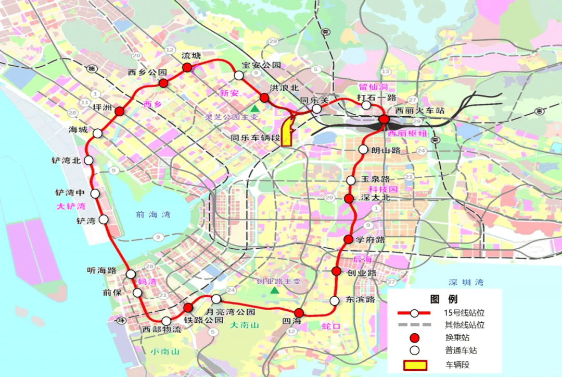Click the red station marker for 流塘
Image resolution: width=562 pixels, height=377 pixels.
(187, 67)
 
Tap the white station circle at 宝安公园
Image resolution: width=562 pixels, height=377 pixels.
(239, 76)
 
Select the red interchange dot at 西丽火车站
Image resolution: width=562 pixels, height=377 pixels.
(384, 119)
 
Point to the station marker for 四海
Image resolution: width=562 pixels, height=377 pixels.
(298, 313)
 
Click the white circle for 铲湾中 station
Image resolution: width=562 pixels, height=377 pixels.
(95, 193)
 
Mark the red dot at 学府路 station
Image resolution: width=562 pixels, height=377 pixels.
(349, 239)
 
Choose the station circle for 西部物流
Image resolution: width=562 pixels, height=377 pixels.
(166, 321)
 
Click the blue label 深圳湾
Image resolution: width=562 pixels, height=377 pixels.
(466, 282)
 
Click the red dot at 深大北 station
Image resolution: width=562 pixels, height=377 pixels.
(349, 198)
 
